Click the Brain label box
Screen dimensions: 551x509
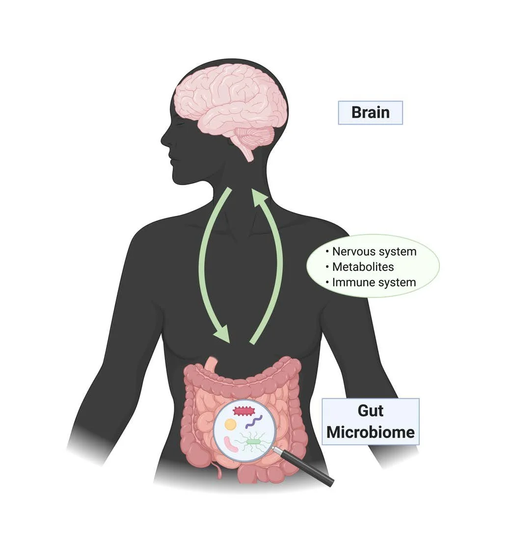[370, 112]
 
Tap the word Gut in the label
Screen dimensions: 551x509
[371, 410]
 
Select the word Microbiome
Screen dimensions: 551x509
[371, 432]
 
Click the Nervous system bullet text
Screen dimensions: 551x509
[374, 252]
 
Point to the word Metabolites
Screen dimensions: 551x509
[363, 267]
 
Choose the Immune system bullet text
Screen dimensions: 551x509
[374, 283]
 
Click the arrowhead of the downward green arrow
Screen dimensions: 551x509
[223, 336]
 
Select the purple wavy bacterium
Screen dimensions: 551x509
[254, 421]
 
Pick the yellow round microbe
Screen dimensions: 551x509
[230, 424]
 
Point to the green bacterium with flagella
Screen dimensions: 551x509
[253, 442]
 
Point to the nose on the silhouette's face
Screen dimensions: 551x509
[164, 137]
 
